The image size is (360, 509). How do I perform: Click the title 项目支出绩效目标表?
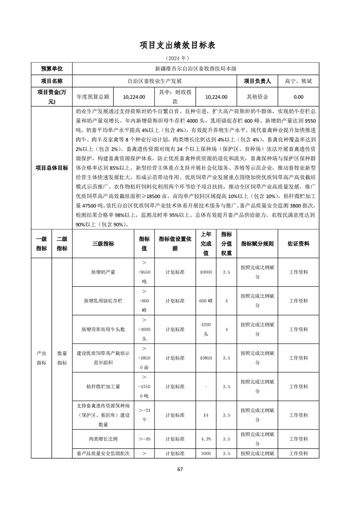180,45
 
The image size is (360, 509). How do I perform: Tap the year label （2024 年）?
180,58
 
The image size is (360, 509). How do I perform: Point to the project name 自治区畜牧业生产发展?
154,81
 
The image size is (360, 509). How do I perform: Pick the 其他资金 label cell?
257,97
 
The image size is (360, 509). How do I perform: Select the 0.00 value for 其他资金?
298,97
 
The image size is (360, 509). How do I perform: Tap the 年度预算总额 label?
93,97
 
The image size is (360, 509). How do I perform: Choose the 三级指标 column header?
103,244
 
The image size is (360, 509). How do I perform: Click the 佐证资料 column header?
298,244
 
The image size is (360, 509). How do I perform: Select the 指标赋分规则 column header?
257,244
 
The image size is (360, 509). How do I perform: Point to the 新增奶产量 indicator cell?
103,272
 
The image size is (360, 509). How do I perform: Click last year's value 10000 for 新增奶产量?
206,272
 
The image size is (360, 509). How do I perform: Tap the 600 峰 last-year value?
206,301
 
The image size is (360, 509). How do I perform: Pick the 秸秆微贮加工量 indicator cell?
103,387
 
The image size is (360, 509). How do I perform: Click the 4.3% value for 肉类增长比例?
206,439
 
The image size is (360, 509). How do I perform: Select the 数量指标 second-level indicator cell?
62,357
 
